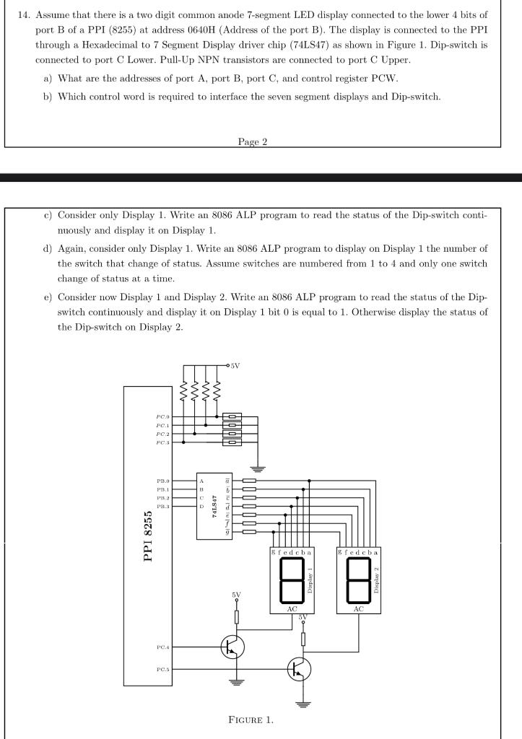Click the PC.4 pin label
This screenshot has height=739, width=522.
pyautogui.click(x=162, y=647)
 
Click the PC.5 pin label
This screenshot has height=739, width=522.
pyautogui.click(x=162, y=670)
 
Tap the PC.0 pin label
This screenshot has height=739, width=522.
pyautogui.click(x=162, y=416)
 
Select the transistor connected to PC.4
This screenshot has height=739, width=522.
pyautogui.click(x=232, y=647)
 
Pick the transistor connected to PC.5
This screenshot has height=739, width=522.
pyautogui.click(x=298, y=670)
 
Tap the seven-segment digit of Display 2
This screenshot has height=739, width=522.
pyautogui.click(x=359, y=580)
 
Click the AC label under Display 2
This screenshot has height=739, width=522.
pyautogui.click(x=359, y=608)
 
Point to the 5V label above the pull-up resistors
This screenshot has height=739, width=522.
pyautogui.click(x=235, y=366)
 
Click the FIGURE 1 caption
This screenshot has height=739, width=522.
pyautogui.click(x=250, y=720)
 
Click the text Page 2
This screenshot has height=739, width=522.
pyautogui.click(x=252, y=141)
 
